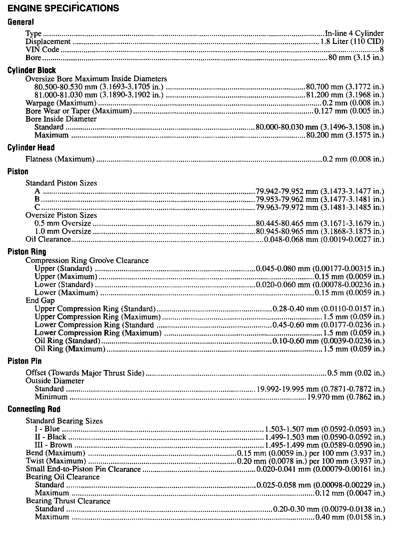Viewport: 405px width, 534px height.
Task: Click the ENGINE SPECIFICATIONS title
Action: click(63, 8)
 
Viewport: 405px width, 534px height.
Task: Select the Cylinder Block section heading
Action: click(31, 70)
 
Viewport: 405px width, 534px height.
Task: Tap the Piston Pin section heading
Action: click(25, 361)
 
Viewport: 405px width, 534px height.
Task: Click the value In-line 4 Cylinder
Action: click(354, 34)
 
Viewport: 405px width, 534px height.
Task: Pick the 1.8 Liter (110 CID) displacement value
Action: click(352, 42)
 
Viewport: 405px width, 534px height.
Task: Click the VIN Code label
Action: click(42, 50)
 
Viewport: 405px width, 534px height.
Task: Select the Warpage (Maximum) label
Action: click(61, 103)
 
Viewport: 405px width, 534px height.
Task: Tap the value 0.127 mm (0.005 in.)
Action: click(349, 111)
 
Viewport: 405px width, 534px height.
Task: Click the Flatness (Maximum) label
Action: click(60, 159)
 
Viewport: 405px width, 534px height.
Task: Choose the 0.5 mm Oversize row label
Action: click(63, 223)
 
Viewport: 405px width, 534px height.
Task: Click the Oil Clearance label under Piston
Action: click(48, 239)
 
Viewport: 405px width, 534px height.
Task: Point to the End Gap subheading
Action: click(40, 301)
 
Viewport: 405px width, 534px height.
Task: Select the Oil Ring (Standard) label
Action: click(67, 341)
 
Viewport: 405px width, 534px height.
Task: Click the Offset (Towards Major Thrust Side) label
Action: click(85, 373)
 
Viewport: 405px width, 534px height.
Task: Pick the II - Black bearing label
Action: click(50, 437)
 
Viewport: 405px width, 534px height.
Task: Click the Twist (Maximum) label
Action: click(56, 461)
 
